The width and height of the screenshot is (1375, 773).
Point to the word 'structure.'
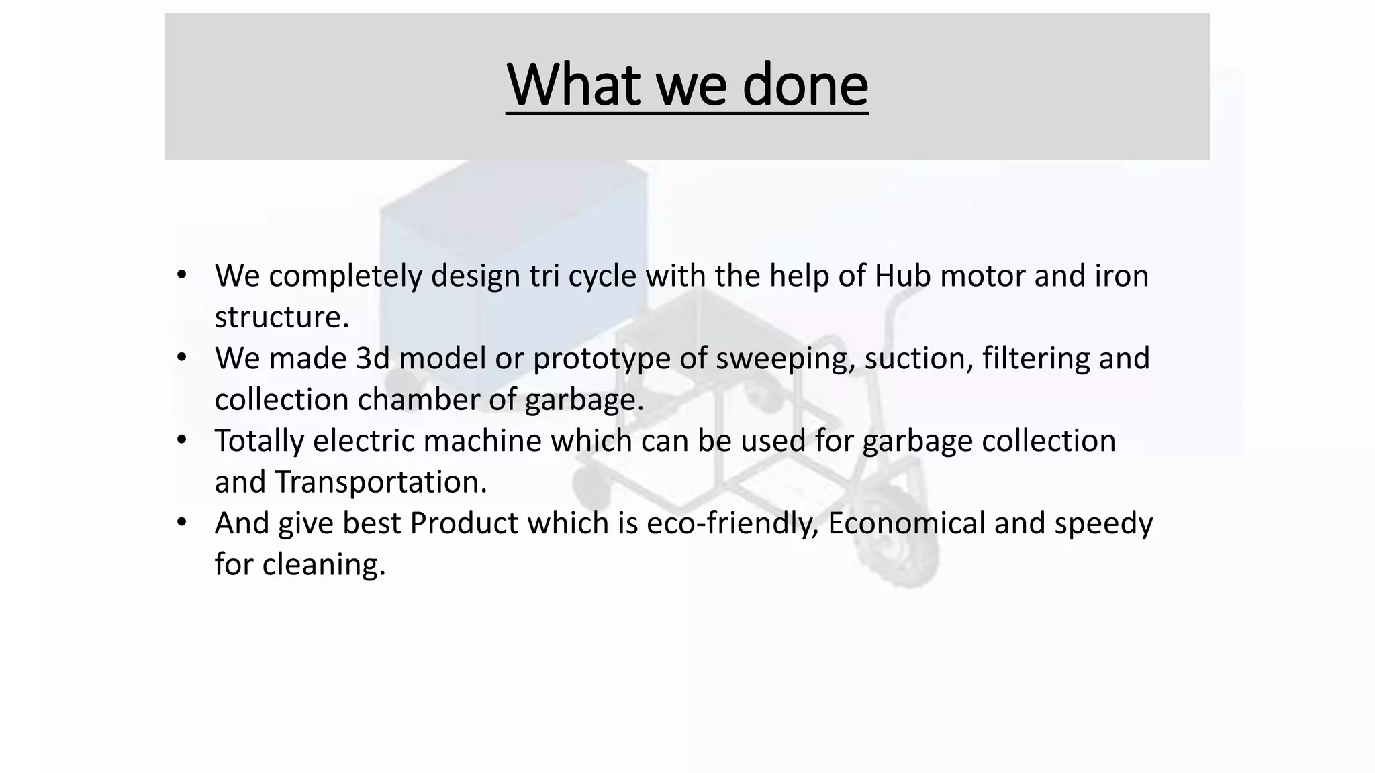282,317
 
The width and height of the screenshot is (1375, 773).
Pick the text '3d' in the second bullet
373,358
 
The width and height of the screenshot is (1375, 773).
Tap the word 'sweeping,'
786,358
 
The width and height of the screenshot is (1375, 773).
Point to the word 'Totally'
258,441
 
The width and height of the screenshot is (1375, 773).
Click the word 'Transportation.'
381,482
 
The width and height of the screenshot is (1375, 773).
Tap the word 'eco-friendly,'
732,523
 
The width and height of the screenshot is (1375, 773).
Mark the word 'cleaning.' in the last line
324,565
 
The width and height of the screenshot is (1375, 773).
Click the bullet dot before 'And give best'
181,522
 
